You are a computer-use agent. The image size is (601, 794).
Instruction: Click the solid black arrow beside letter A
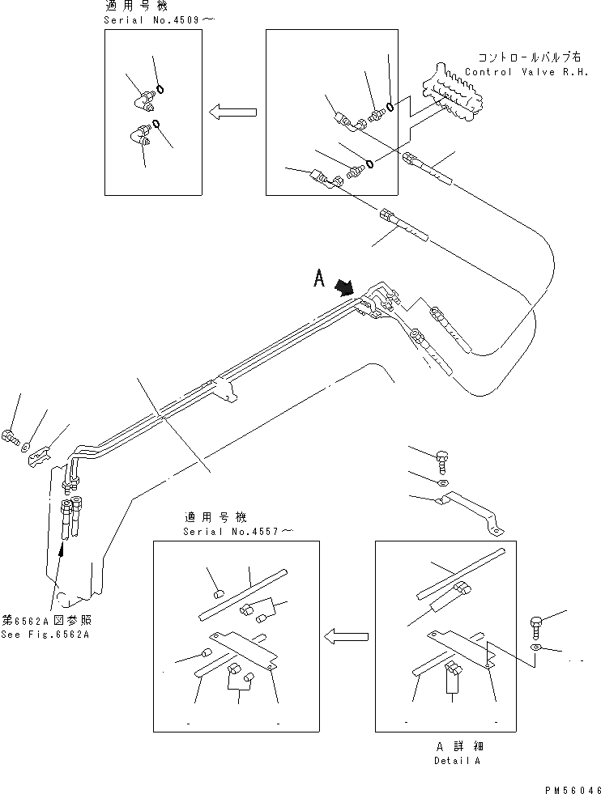[x=344, y=287]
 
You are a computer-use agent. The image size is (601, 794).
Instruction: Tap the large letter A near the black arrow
[x=320, y=280]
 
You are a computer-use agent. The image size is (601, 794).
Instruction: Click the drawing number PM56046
[x=565, y=786]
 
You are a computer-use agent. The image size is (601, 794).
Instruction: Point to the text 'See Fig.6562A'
[x=45, y=634]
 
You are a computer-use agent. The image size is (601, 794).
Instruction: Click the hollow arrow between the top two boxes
[x=234, y=113]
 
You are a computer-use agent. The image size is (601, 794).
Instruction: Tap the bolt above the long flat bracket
[x=441, y=462]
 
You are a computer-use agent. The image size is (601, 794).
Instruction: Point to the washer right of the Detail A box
[x=537, y=649]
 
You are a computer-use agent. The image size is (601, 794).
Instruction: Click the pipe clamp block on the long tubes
[x=226, y=389]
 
